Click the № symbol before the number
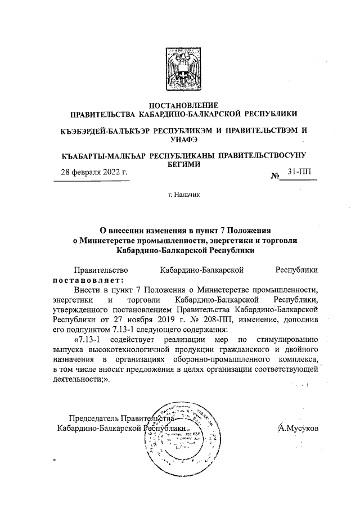point(276,176)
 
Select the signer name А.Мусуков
point(298,428)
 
